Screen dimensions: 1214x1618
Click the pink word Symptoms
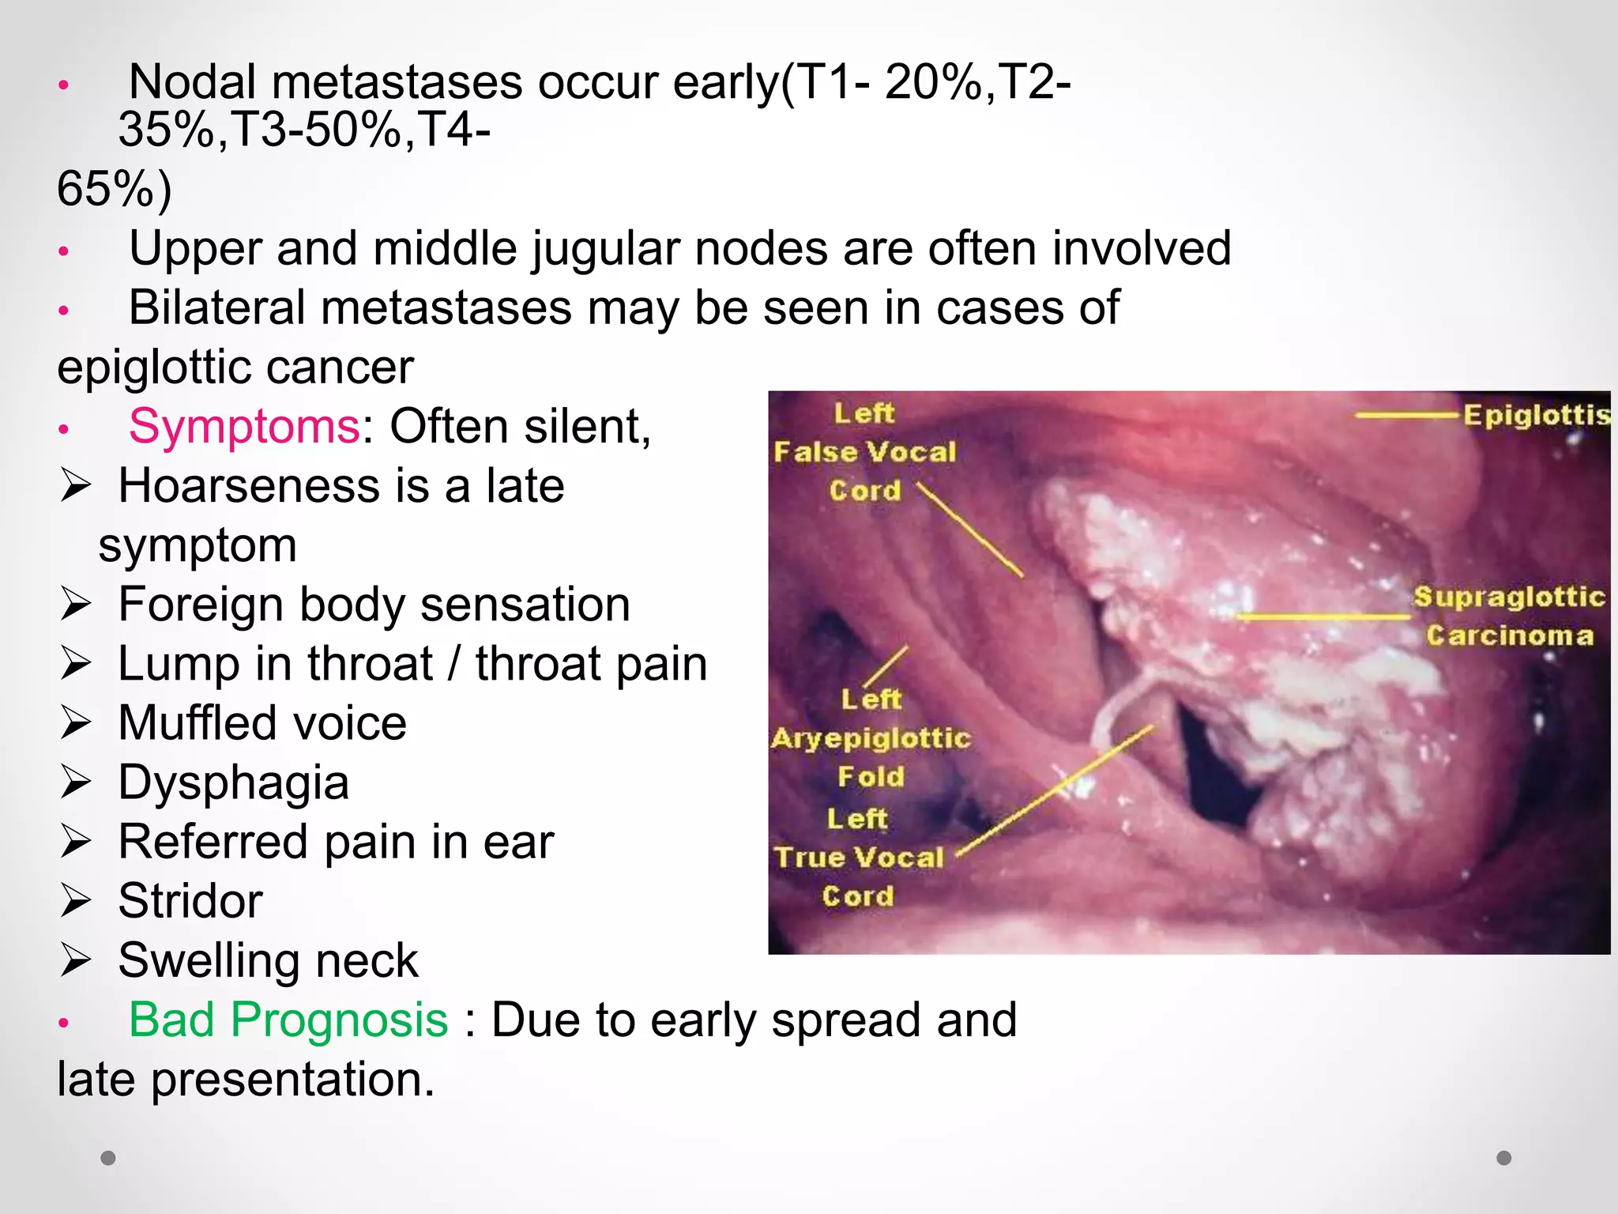pos(244,427)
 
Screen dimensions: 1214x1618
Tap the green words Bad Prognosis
pos(288,1020)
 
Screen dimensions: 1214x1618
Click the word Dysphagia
pos(233,782)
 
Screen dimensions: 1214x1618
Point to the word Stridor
pos(190,901)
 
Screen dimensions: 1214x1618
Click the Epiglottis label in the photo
pos(1535,415)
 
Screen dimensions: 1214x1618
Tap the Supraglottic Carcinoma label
pos(1509,616)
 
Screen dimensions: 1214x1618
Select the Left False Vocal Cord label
pos(864,452)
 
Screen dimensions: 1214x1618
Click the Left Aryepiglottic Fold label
pos(871,738)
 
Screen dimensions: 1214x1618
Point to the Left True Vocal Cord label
pos(859,858)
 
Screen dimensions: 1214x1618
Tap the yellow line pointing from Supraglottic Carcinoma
pos(1323,616)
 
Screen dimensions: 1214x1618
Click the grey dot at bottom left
pos(108,1158)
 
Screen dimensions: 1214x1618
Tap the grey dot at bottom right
pos(1504,1158)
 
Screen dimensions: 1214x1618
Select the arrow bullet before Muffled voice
pos(77,723)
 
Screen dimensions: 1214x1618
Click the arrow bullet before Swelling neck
pos(77,960)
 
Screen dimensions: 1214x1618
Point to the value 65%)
pos(115,189)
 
